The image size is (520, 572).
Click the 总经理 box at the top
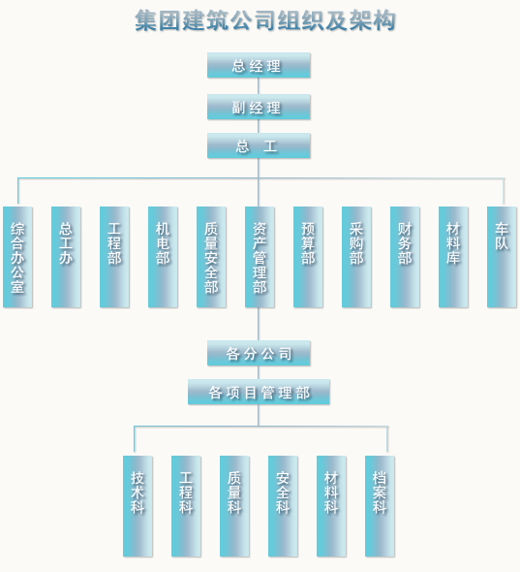(x=259, y=65)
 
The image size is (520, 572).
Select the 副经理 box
(x=259, y=107)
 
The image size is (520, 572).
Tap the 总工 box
(x=259, y=145)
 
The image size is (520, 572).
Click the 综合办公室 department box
(x=17, y=257)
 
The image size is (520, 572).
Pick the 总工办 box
(x=66, y=257)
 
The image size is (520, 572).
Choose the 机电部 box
(x=163, y=257)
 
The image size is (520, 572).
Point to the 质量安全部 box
(x=211, y=257)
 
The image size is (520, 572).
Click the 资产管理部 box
(x=260, y=257)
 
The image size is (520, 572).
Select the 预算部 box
(x=308, y=257)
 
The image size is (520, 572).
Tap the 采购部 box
(x=356, y=257)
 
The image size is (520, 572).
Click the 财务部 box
(x=405, y=257)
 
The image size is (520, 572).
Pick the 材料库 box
(x=454, y=257)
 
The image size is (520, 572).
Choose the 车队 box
(x=502, y=257)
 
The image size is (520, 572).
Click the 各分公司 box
(x=259, y=353)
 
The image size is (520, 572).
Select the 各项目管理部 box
(x=259, y=392)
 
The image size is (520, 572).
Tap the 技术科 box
(x=138, y=506)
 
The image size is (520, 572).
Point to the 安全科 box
(x=283, y=506)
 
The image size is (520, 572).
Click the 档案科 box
(x=380, y=506)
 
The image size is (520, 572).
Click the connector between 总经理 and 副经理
(x=259, y=86)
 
